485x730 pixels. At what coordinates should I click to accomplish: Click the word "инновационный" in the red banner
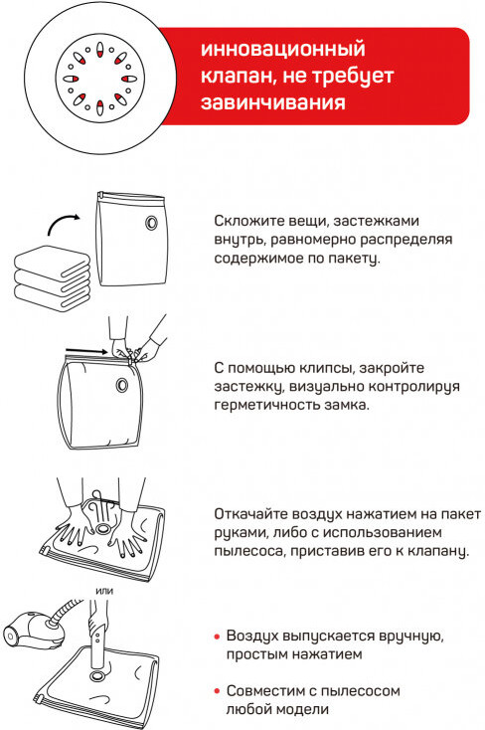click(282, 50)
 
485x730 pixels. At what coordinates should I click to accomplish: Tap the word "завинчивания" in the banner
click(273, 102)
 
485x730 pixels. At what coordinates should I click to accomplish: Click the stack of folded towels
click(52, 277)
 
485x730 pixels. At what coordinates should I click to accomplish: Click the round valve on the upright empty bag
click(151, 223)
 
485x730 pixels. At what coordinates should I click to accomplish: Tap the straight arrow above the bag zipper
click(86, 351)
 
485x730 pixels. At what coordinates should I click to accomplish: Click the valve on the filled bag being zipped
click(122, 385)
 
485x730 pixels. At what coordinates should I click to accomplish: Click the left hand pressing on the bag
click(74, 525)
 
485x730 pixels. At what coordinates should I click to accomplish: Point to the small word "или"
click(104, 592)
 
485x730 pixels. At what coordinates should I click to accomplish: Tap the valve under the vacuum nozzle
click(97, 675)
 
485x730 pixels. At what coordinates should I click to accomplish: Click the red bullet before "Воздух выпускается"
click(217, 636)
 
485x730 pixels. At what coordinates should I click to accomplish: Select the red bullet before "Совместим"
click(217, 691)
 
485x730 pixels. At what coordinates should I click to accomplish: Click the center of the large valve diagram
click(100, 79)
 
